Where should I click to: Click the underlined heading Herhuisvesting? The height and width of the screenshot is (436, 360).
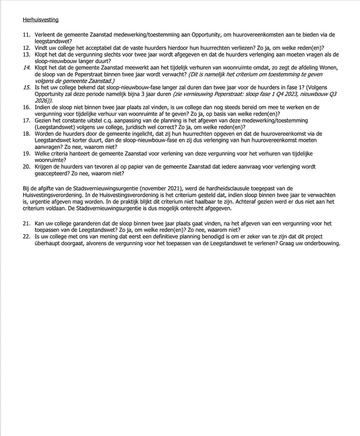[x=40, y=20]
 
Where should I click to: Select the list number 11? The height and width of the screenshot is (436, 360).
[x=26, y=35]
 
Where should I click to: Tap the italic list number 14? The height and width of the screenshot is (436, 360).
[x=26, y=68]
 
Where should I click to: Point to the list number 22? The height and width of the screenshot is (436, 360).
[x=26, y=236]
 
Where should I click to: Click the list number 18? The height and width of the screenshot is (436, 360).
[x=26, y=134]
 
